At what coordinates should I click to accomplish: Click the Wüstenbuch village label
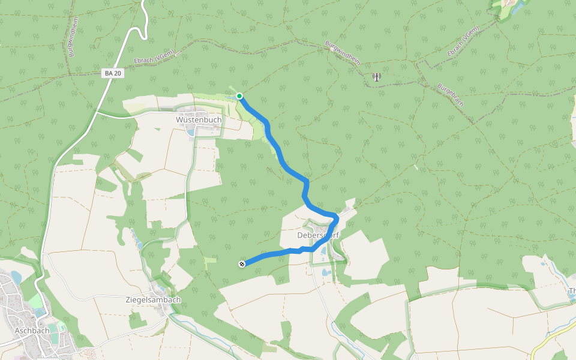pyautogui.click(x=199, y=120)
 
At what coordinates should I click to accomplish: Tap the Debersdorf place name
pyautogui.click(x=318, y=236)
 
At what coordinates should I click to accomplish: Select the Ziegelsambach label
pyautogui.click(x=153, y=300)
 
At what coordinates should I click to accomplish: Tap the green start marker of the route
pyautogui.click(x=239, y=96)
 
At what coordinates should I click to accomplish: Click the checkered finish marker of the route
pyautogui.click(x=242, y=264)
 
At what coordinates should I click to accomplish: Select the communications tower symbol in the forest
pyautogui.click(x=376, y=77)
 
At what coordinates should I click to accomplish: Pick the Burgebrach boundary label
pyautogui.click(x=451, y=94)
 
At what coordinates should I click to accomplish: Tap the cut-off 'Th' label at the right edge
pyautogui.click(x=571, y=292)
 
